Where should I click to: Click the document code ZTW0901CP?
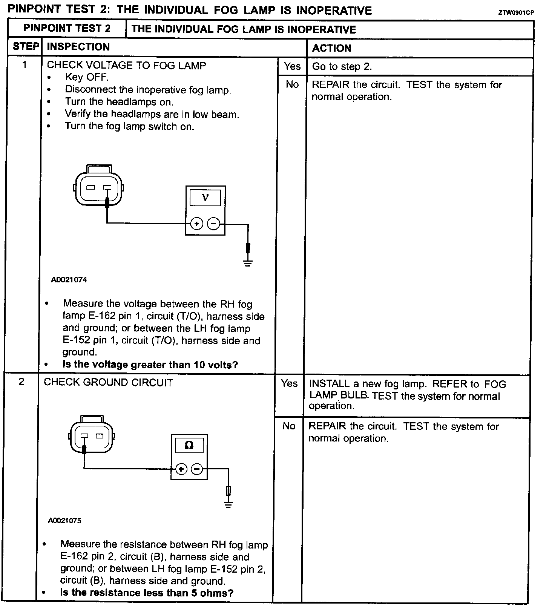coord(516,12)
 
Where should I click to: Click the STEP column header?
coord(26,47)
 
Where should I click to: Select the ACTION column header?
coord(332,48)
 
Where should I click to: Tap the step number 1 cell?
coord(25,65)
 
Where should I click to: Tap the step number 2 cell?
coord(21,382)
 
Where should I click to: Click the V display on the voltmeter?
coord(205,197)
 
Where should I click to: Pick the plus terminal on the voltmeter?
coord(196,224)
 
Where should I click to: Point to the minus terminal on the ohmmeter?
coord(197,469)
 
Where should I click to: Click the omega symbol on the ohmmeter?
coord(189,445)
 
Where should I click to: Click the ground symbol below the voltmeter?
coord(248,263)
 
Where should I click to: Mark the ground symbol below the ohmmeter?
coord(228,504)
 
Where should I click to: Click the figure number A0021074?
coord(69,280)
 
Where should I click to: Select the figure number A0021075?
coord(64,521)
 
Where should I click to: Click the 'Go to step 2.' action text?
coord(342,67)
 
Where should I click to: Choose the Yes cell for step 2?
coord(289,383)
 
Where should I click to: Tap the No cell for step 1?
coord(292,84)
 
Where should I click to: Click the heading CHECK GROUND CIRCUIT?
coord(108,382)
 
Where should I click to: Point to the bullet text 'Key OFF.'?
coord(86,77)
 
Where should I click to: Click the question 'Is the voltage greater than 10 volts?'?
coord(150,365)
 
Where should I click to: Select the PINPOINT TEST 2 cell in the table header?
coord(67,29)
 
